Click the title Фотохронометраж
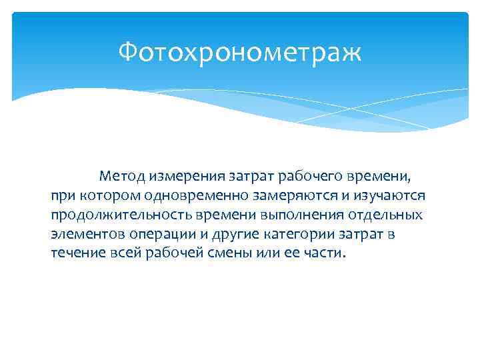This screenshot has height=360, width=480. click(x=240, y=52)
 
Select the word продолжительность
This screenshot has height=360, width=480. click(x=111, y=216)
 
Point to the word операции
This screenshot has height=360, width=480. click(x=160, y=235)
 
